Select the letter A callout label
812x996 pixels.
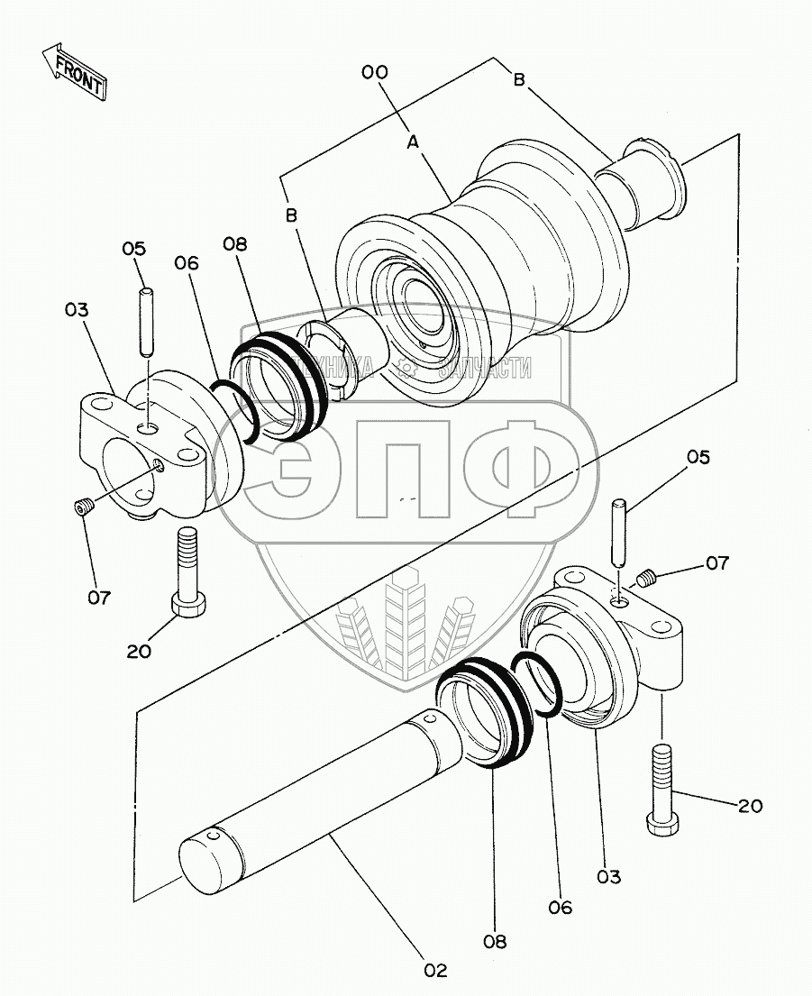[413, 142]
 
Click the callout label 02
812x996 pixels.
[434, 971]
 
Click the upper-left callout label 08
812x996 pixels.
[233, 244]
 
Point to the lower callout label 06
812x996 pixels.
[560, 908]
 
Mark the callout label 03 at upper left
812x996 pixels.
[78, 310]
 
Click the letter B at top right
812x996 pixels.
[519, 79]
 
